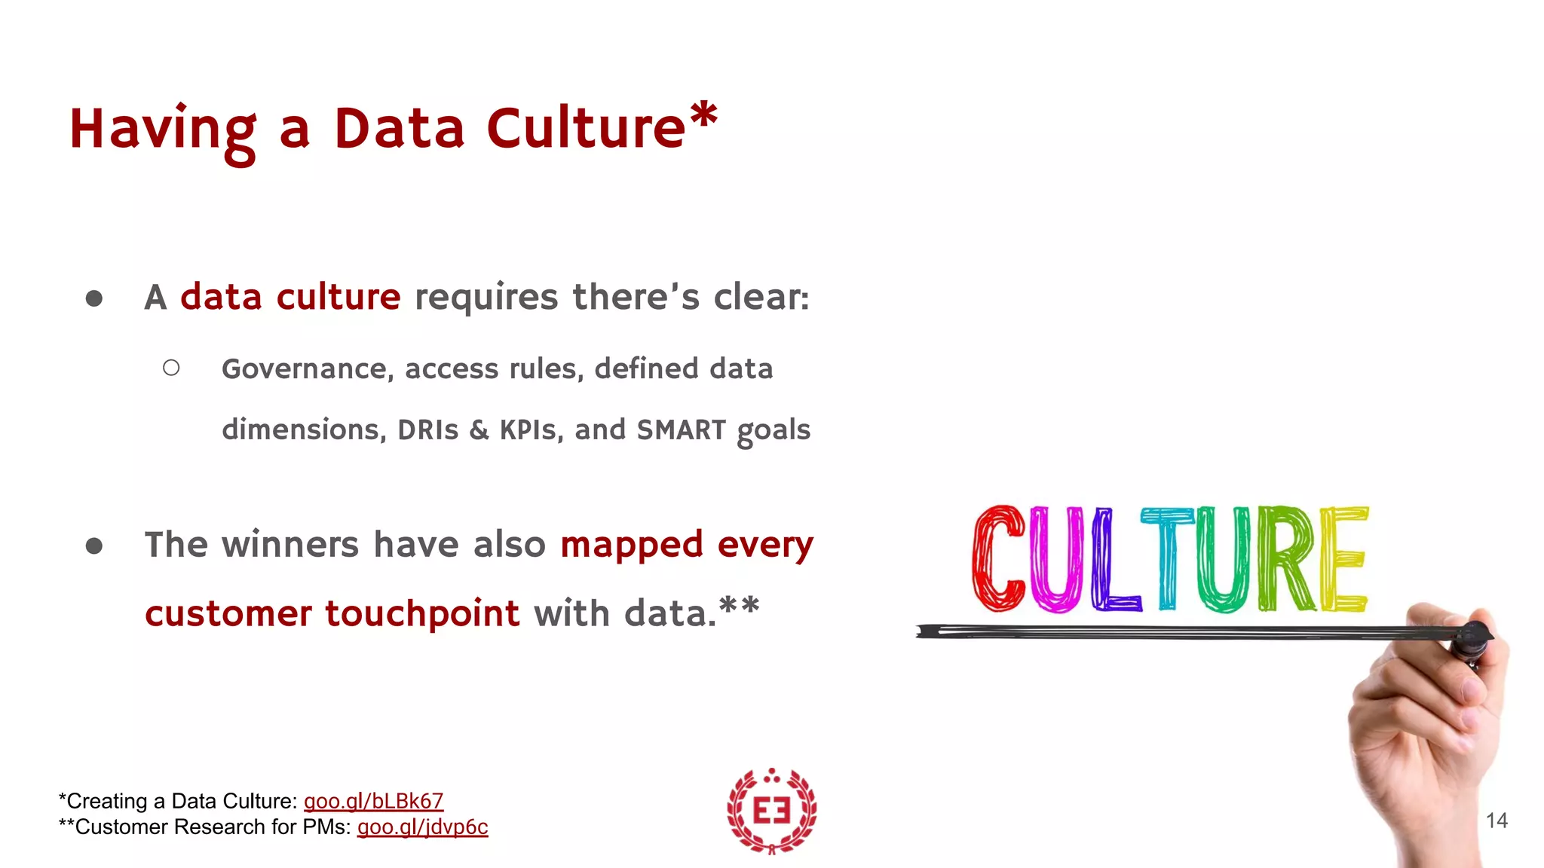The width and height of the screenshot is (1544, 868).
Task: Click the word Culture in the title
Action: coord(586,128)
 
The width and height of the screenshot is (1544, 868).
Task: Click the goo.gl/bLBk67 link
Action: coord(373,801)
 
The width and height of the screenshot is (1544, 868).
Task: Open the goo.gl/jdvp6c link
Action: coord(422,827)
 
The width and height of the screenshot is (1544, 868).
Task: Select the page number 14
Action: coord(1497,821)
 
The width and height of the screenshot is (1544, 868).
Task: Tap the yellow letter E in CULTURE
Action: coord(1344,558)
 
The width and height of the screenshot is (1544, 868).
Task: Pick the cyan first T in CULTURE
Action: coord(1167,558)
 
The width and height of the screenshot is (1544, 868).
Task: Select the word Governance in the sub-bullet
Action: coord(304,369)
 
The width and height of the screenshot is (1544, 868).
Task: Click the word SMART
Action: coord(681,430)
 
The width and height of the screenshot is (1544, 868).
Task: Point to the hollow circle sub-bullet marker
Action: coord(171,368)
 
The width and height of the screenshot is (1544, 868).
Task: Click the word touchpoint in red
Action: coord(422,613)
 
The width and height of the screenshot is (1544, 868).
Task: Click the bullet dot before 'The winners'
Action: coord(94,546)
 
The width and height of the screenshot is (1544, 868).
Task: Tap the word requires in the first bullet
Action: coord(486,298)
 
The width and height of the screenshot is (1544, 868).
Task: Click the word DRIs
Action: coord(427,430)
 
